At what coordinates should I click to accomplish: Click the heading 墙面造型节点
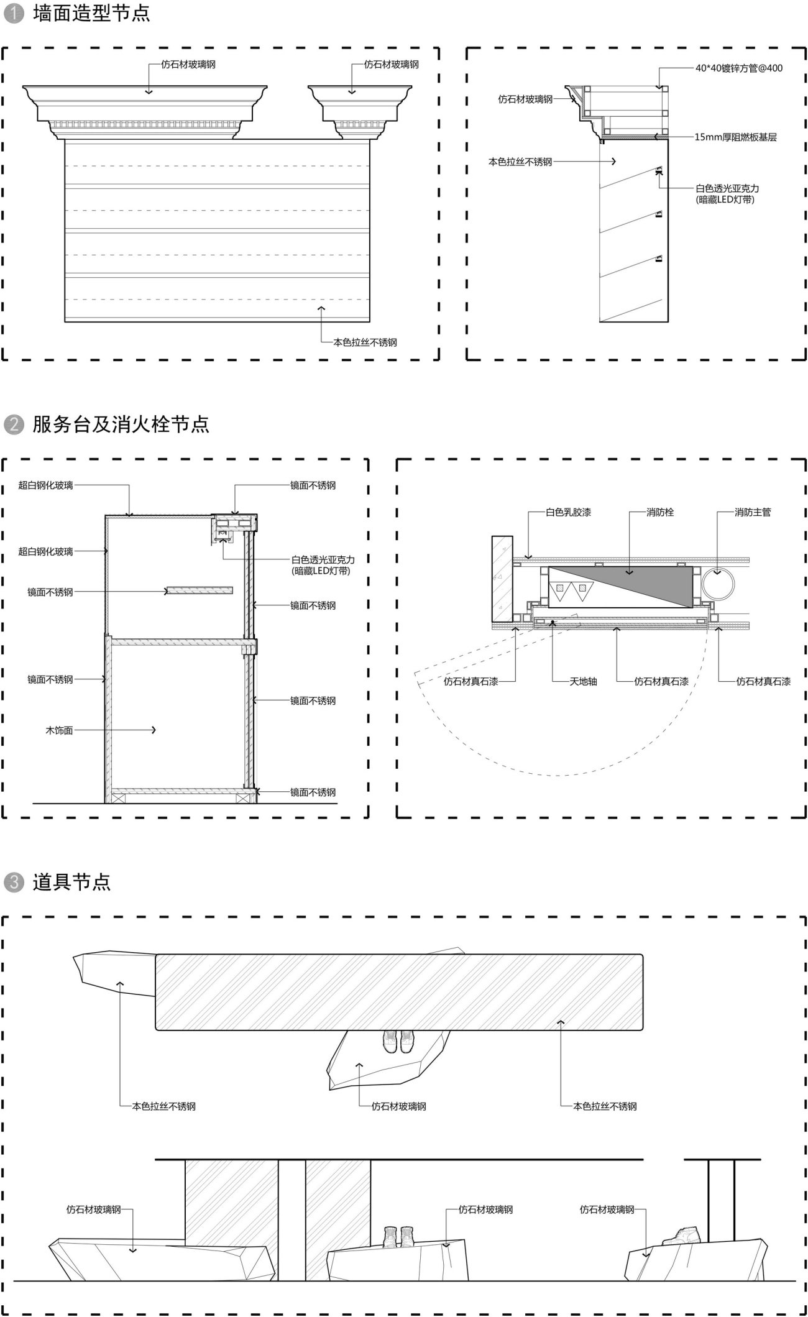pos(91,14)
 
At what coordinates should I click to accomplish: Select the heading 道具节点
pos(71,882)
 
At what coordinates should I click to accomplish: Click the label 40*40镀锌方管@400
pos(739,68)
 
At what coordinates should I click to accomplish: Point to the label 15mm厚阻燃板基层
pos(736,137)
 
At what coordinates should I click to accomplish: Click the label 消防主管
pos(753,513)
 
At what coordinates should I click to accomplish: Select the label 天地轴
pos(584,681)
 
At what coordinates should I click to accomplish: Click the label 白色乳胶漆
pos(568,513)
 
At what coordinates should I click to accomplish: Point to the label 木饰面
pos(59,730)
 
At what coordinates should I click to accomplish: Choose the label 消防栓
pos(660,513)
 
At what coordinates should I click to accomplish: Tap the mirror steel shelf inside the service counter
pos(199,590)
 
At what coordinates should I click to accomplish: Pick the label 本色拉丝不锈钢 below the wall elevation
pos(365,342)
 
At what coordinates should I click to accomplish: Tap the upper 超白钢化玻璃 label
pos(45,485)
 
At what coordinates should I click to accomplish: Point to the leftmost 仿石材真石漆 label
pos(471,681)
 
